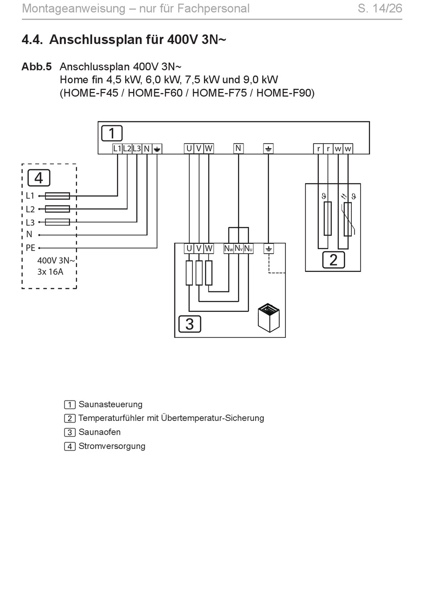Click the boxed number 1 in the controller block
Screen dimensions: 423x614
click(x=112, y=133)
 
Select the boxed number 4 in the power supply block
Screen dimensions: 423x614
click(x=39, y=178)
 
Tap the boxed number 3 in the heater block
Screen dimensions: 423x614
click(x=190, y=324)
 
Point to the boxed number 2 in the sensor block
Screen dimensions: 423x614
click(x=334, y=260)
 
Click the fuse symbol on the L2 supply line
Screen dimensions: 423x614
click(x=57, y=209)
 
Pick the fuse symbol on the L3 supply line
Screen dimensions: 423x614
click(x=57, y=222)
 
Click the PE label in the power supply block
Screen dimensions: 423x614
click(x=30, y=248)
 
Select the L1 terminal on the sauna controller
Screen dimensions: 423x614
click(x=117, y=149)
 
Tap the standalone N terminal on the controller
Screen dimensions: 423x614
click(x=238, y=148)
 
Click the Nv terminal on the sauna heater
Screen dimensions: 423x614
click(x=238, y=249)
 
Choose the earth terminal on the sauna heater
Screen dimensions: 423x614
click(x=268, y=249)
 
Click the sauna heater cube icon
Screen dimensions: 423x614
click(x=268, y=317)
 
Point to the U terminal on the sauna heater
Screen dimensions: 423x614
click(x=189, y=249)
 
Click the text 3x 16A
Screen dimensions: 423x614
click(x=50, y=272)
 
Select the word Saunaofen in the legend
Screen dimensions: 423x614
click(x=100, y=432)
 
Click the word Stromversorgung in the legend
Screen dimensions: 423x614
click(x=112, y=446)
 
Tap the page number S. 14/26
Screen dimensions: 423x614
click(x=380, y=8)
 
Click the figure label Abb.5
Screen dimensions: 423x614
click(x=37, y=67)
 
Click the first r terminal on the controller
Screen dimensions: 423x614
click(x=318, y=149)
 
